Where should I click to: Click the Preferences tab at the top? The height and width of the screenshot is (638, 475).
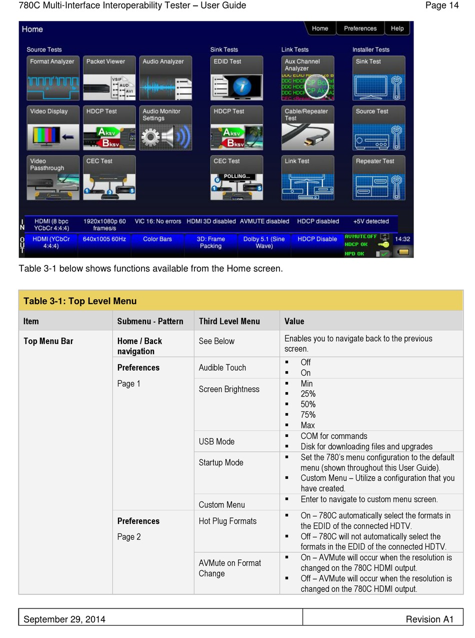(x=360, y=28)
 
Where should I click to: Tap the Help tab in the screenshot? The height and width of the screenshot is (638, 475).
(x=397, y=28)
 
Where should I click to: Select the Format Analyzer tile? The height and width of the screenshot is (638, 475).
(x=53, y=78)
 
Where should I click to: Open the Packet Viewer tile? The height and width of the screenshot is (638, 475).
(x=109, y=78)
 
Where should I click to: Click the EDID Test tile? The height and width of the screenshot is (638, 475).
(x=236, y=78)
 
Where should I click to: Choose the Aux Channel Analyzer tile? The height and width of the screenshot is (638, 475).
(x=307, y=78)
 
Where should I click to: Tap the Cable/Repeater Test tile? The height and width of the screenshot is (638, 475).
(x=307, y=128)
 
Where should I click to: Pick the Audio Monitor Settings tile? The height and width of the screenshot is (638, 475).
(x=165, y=128)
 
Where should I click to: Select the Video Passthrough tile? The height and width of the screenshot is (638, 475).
(x=53, y=178)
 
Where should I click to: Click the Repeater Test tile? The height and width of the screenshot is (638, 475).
(x=378, y=178)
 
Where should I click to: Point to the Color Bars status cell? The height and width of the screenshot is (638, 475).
(x=157, y=239)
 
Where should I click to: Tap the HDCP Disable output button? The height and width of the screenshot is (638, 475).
(x=317, y=239)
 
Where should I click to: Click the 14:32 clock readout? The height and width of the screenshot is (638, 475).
(x=402, y=239)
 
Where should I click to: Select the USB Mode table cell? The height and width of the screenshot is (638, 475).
(x=216, y=441)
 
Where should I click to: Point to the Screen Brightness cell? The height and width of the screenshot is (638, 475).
(x=229, y=389)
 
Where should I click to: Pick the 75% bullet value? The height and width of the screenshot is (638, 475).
(x=308, y=414)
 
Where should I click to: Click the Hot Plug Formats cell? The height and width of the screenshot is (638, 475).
(x=227, y=521)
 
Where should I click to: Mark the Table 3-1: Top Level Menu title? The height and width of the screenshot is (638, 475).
(x=80, y=301)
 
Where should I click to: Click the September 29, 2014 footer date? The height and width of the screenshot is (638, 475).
(x=64, y=619)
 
